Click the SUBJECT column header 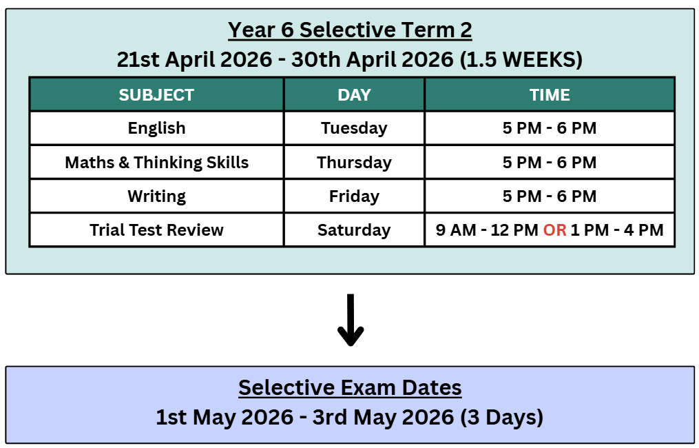tap(156, 94)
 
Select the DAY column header tap(354, 94)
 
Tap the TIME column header tap(550, 94)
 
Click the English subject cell tap(156, 128)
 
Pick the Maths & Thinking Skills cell tap(156, 163)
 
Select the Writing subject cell tap(156, 196)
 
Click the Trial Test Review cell tap(156, 230)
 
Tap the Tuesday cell tap(354, 128)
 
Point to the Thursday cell tap(354, 163)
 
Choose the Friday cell tap(354, 196)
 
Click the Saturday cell tap(354, 230)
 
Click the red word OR tap(554, 230)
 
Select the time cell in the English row tap(550, 128)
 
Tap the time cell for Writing tap(550, 196)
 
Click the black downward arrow tap(351, 320)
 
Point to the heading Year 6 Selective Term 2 tap(350, 30)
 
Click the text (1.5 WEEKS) tap(521, 59)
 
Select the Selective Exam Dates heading tap(350, 387)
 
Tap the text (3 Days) tap(501, 417)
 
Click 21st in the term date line tap(138, 59)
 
